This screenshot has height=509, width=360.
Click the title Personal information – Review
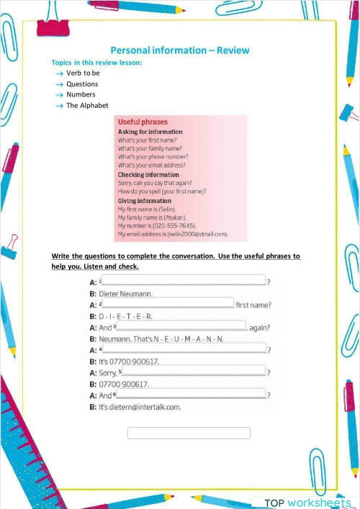pos(179,50)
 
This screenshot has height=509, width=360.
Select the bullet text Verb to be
pos(83,73)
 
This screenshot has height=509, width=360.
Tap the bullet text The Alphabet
pos(87,106)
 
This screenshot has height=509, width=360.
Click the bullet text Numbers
pos(81,94)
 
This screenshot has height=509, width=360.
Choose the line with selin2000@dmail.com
pos(172,234)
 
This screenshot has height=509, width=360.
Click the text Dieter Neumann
pos(125,293)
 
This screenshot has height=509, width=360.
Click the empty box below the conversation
pos(189,433)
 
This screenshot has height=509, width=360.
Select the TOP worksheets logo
pos(307,502)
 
